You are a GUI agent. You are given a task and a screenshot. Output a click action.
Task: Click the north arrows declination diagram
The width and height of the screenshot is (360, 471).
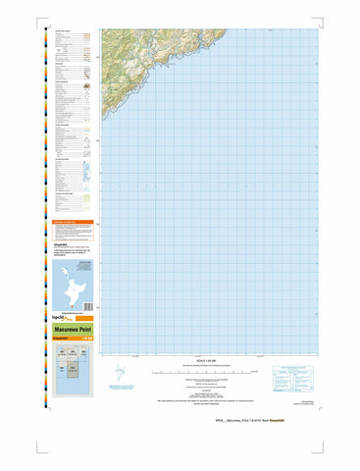click(x=120, y=375)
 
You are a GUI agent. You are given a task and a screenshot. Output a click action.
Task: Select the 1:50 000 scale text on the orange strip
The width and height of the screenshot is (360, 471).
click(x=86, y=341)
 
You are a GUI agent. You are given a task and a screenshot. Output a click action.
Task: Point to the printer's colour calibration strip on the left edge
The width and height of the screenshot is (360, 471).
click(x=46, y=206)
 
